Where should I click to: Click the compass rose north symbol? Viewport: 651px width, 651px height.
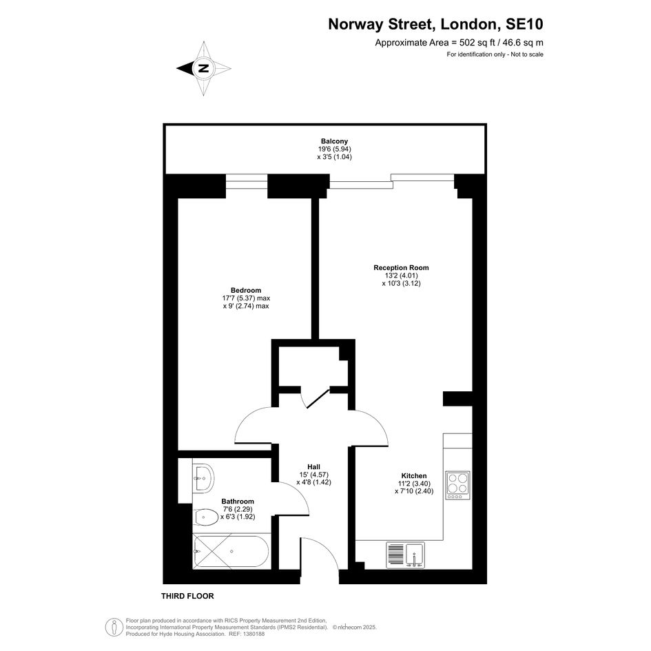pos(203,68)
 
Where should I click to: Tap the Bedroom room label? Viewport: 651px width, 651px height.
pos(246,290)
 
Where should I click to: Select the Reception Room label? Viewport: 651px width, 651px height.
pos(401,268)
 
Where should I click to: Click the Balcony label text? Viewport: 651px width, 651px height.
pos(334,141)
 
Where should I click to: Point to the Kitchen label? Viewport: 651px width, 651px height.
pos(414,476)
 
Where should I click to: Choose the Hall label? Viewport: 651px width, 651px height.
pos(314,467)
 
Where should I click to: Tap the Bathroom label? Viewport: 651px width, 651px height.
pos(238,502)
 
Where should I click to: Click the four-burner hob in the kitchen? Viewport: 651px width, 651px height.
pos(458,486)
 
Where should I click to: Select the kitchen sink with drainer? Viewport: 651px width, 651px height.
pos(405,555)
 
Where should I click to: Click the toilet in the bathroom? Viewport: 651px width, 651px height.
pos(206,517)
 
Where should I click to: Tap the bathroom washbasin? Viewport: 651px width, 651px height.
pos(203,477)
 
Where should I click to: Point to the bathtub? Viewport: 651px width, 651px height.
pos(232,552)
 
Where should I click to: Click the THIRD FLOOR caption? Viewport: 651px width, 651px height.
pos(187,596)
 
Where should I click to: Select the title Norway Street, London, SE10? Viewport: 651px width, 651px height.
pos(435,24)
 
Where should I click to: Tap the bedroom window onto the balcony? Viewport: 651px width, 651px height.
pos(247,183)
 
